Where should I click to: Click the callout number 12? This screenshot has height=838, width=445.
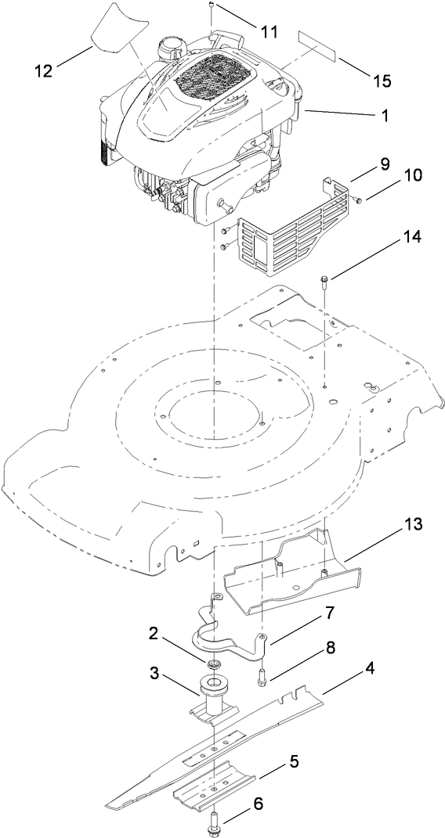click(x=43, y=70)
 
